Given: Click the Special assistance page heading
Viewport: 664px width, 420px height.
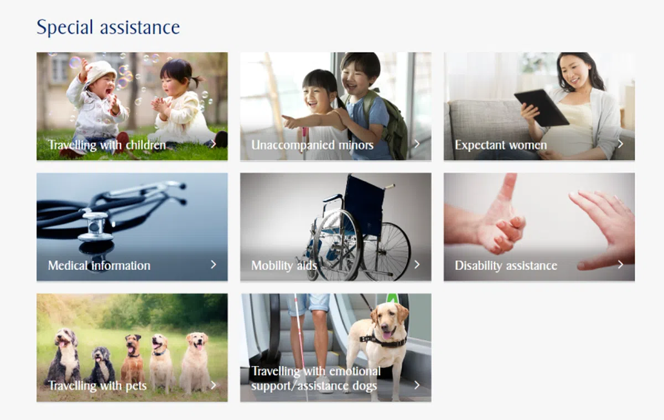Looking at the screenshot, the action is tap(108, 27).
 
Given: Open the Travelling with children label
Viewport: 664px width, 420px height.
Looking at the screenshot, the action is tap(107, 145).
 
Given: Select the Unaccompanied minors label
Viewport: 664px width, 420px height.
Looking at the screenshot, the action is tap(313, 145).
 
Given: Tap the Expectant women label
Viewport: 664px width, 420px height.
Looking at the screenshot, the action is tap(501, 145).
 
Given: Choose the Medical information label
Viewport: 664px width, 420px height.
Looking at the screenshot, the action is tap(99, 265).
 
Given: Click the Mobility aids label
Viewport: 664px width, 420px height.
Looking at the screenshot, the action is tap(284, 265).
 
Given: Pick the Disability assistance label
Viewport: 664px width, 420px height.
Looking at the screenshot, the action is tap(506, 265).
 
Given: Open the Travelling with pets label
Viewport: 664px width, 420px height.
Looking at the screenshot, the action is tap(97, 386).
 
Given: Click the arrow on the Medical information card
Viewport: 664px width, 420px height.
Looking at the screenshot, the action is tap(214, 265).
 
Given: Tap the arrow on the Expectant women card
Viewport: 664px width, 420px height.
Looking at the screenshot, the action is tap(620, 144).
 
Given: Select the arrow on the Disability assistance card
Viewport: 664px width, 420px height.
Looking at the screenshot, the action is tap(620, 265).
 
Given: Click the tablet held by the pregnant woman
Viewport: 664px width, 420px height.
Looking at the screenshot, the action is tap(541, 108).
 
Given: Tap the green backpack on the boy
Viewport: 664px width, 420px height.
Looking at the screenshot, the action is tap(392, 125).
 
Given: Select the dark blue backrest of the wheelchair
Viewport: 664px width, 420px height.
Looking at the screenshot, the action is tap(365, 205).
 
